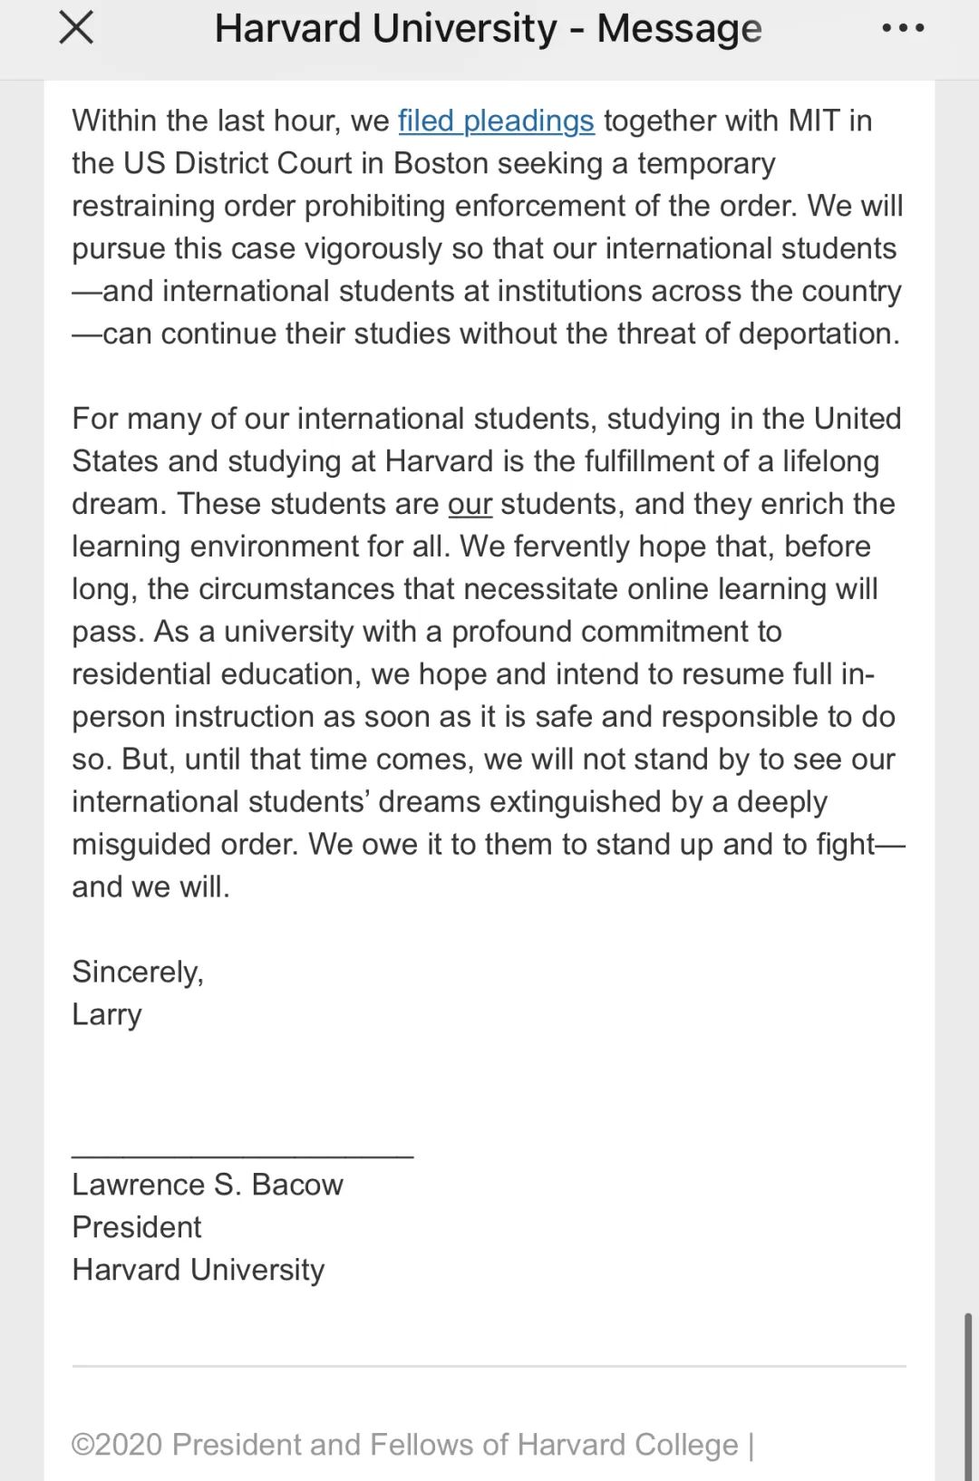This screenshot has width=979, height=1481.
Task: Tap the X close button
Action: tap(76, 28)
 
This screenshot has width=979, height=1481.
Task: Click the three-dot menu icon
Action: tap(903, 28)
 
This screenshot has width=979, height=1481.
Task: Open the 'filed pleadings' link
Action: tap(496, 121)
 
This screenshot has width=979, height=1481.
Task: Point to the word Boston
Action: tap(441, 163)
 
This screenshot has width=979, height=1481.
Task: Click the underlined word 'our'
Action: tap(470, 504)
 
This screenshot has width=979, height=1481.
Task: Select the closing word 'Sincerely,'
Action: tap(138, 973)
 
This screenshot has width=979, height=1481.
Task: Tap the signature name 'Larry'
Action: tap(107, 1015)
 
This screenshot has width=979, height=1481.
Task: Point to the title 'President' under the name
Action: tap(137, 1227)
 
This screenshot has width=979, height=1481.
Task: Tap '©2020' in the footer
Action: tap(117, 1445)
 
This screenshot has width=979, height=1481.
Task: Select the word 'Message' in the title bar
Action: tap(679, 29)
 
